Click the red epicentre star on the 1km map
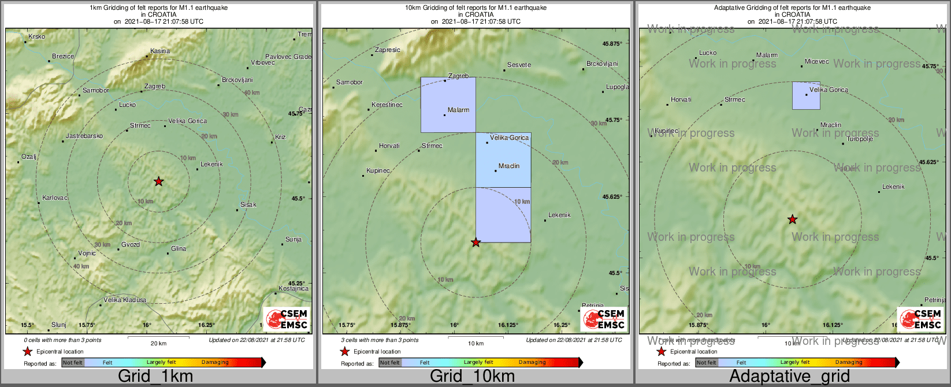[x=158, y=182]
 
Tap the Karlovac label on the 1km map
[x=55, y=198]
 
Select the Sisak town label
[x=248, y=205]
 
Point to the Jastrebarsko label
[x=84, y=136]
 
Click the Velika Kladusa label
[x=125, y=300]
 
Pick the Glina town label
[x=179, y=249]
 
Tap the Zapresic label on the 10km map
[x=388, y=50]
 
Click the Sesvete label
[x=519, y=65]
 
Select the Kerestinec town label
[x=387, y=105]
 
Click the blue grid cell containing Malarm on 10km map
[x=448, y=105]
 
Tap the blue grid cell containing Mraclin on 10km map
[x=503, y=160]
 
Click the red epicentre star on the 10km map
[x=475, y=243]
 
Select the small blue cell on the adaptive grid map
[x=806, y=95]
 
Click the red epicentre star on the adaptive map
[x=793, y=219]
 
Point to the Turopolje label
[x=860, y=139]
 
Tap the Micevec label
[x=817, y=62]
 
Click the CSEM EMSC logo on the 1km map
[x=287, y=318]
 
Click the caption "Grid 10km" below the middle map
[x=472, y=377]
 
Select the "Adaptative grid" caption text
[x=789, y=377]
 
